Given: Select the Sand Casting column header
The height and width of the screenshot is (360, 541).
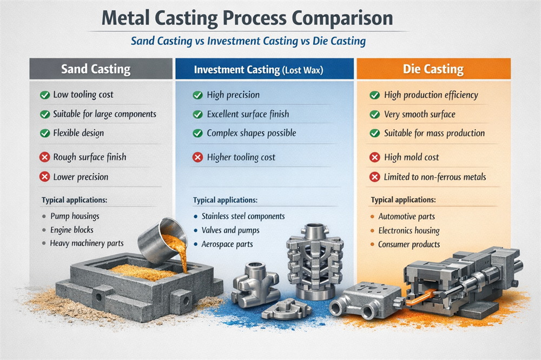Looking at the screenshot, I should [96, 69].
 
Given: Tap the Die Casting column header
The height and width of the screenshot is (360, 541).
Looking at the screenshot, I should [433, 69].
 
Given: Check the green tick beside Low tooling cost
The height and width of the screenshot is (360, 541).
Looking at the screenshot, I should [44, 95].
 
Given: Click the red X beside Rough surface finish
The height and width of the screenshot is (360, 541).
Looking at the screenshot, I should [44, 158].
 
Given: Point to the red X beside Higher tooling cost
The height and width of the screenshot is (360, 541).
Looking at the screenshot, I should [198, 158].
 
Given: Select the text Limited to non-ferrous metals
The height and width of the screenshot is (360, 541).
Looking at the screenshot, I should [435, 177].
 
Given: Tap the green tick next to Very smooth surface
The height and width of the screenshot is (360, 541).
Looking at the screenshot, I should [374, 115].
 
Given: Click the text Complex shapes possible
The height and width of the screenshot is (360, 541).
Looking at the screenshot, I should [252, 133].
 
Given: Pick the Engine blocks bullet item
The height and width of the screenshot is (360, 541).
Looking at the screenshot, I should [71, 230].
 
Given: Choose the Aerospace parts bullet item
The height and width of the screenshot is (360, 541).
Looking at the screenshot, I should [227, 244].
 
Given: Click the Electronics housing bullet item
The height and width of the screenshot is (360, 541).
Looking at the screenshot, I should [408, 230].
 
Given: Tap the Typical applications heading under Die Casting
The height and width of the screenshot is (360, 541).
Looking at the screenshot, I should [403, 200].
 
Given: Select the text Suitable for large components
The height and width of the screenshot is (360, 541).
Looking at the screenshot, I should [104, 114].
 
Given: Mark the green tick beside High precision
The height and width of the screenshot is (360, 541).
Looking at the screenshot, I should [198, 95].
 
